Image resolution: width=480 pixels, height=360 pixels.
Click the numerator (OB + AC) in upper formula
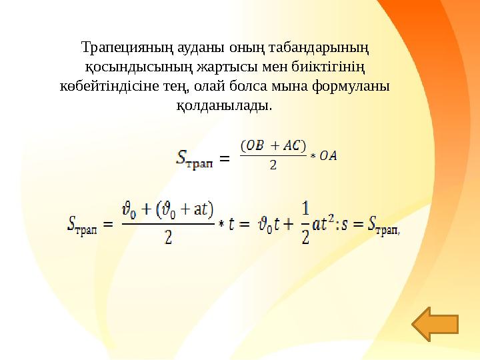point(273,146)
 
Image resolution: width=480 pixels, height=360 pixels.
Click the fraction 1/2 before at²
point(305,223)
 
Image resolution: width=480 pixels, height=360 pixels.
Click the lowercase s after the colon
point(347,225)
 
